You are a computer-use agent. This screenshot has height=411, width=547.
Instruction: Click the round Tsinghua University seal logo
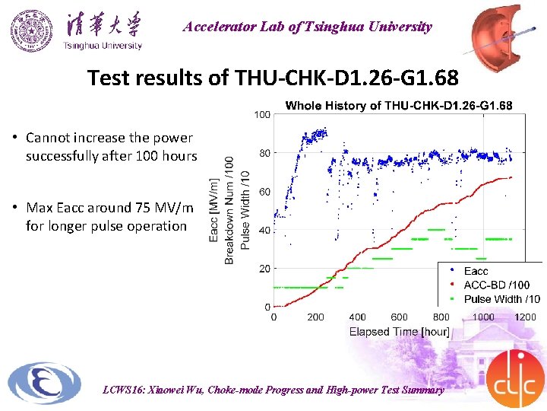click(x=33, y=30)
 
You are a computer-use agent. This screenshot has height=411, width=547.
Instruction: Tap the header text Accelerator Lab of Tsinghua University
click(x=307, y=27)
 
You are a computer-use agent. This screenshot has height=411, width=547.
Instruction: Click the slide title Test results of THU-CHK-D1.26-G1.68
click(x=273, y=78)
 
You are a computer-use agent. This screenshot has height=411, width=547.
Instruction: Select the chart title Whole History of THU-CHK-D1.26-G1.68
click(x=398, y=105)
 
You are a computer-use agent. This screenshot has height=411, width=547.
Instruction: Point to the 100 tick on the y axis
click(x=261, y=115)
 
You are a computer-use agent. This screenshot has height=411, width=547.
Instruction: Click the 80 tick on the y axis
click(x=264, y=153)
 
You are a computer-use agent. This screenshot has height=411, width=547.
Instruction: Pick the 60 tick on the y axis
click(x=264, y=192)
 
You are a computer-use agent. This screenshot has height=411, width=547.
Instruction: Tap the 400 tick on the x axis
click(x=357, y=317)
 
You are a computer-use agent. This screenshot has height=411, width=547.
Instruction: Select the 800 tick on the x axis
click(x=441, y=317)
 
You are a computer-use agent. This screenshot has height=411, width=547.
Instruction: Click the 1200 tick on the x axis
click(x=525, y=317)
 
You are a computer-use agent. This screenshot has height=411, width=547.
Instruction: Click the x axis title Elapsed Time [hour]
click(x=399, y=331)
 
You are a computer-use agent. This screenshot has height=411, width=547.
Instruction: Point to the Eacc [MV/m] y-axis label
click(x=215, y=209)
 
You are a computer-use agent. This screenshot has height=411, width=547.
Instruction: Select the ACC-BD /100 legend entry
click(x=497, y=285)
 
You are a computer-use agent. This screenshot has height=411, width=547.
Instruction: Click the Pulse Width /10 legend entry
click(x=502, y=299)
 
